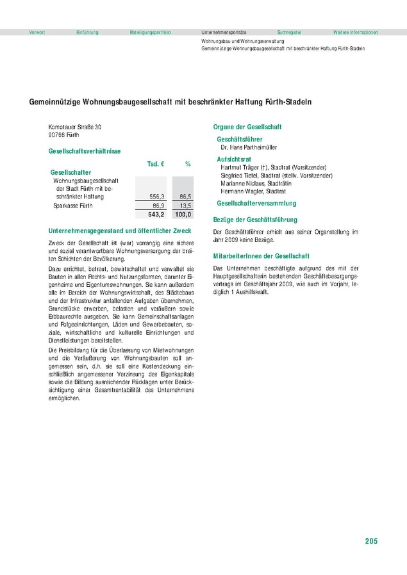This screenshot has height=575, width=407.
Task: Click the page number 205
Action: pyautogui.click(x=371, y=541)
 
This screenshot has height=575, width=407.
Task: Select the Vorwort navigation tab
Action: pyautogui.click(x=37, y=32)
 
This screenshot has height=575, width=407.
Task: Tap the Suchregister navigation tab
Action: pyautogui.click(x=289, y=32)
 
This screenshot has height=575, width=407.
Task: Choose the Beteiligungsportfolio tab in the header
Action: pyautogui.click(x=150, y=32)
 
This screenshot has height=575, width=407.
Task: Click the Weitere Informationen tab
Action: pyautogui.click(x=355, y=32)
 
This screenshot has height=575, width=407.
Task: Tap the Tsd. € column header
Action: pyautogui.click(x=156, y=165)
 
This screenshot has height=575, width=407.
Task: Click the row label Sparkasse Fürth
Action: pyautogui.click(x=73, y=206)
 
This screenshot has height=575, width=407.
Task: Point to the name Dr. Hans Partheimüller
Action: pyautogui.click(x=249, y=147)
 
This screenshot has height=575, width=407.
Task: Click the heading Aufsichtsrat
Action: pyautogui.click(x=234, y=158)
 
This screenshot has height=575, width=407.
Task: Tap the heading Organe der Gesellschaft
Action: pyautogui.click(x=247, y=127)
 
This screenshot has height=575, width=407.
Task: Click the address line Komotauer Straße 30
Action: pyautogui.click(x=75, y=127)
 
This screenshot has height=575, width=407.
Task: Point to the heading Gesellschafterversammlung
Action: pyautogui.click(x=256, y=203)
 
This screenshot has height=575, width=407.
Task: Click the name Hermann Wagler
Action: pyautogui.click(x=244, y=191)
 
